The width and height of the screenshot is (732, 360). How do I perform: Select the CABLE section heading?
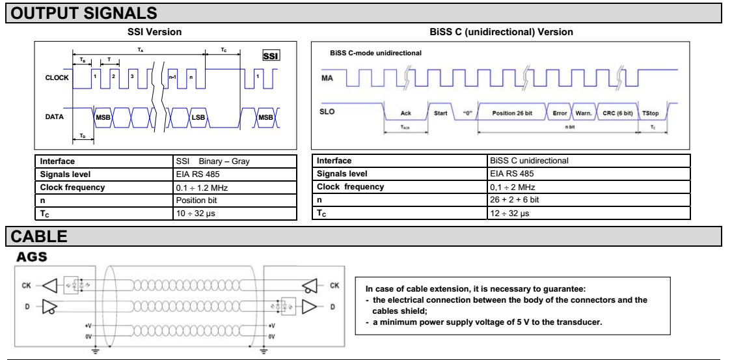tap(40, 236)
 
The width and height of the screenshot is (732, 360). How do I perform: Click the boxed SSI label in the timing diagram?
tap(271, 56)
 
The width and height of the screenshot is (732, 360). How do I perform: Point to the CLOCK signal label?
tap(57, 78)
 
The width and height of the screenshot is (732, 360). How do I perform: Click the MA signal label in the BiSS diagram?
tap(329, 78)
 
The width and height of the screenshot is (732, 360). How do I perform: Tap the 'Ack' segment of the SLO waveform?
tap(406, 113)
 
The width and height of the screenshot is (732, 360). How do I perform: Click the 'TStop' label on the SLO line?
tap(650, 113)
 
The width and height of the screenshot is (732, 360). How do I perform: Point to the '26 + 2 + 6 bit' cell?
tap(514, 200)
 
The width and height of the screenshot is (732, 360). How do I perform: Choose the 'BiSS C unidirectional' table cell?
tap(529, 161)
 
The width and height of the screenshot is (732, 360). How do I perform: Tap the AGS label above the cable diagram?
tap(32, 257)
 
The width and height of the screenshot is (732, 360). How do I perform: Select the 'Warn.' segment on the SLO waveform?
tap(583, 113)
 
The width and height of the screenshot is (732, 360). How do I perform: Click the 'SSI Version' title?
tap(154, 32)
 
